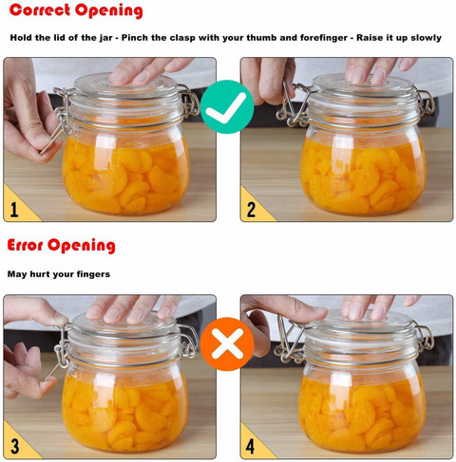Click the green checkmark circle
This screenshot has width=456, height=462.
227,106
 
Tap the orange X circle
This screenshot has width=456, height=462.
227,344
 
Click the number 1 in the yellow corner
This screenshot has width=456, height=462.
14,210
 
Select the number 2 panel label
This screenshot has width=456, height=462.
251,210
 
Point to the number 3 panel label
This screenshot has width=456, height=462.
14,446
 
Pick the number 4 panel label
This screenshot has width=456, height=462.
250,446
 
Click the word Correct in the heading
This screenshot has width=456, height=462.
40,9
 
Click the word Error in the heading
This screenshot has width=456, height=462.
25,245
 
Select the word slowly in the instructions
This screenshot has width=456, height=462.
426,38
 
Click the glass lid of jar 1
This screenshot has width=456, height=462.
125,85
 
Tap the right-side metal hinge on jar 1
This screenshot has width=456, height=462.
189,101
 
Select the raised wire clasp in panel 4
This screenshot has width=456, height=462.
290,339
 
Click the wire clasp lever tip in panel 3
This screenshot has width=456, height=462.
47,379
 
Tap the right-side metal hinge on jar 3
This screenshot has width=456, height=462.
188,341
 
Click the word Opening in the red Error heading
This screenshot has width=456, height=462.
82,246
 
